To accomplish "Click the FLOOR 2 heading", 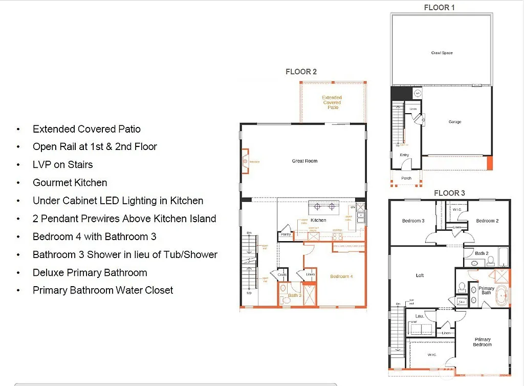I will (x=301, y=72).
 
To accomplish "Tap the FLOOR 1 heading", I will (x=439, y=8).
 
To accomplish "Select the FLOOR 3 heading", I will (x=449, y=193).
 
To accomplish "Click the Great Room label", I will (x=304, y=161).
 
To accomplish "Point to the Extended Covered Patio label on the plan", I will (x=332, y=102).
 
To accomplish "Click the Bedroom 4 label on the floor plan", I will (x=341, y=276).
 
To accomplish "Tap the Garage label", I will (x=455, y=122).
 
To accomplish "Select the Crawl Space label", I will (x=442, y=53).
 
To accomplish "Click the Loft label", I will (x=420, y=275).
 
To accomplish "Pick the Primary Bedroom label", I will (x=482, y=342).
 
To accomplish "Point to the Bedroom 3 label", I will (x=413, y=221).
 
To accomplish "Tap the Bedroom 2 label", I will (x=487, y=221).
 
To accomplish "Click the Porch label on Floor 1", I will (x=406, y=178).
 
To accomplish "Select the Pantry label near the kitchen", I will (x=285, y=234).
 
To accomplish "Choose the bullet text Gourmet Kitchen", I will (x=70, y=183).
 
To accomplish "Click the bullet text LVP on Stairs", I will (x=62, y=165).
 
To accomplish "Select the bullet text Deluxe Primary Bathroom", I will (x=90, y=272).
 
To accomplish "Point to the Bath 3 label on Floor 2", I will (x=294, y=295).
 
